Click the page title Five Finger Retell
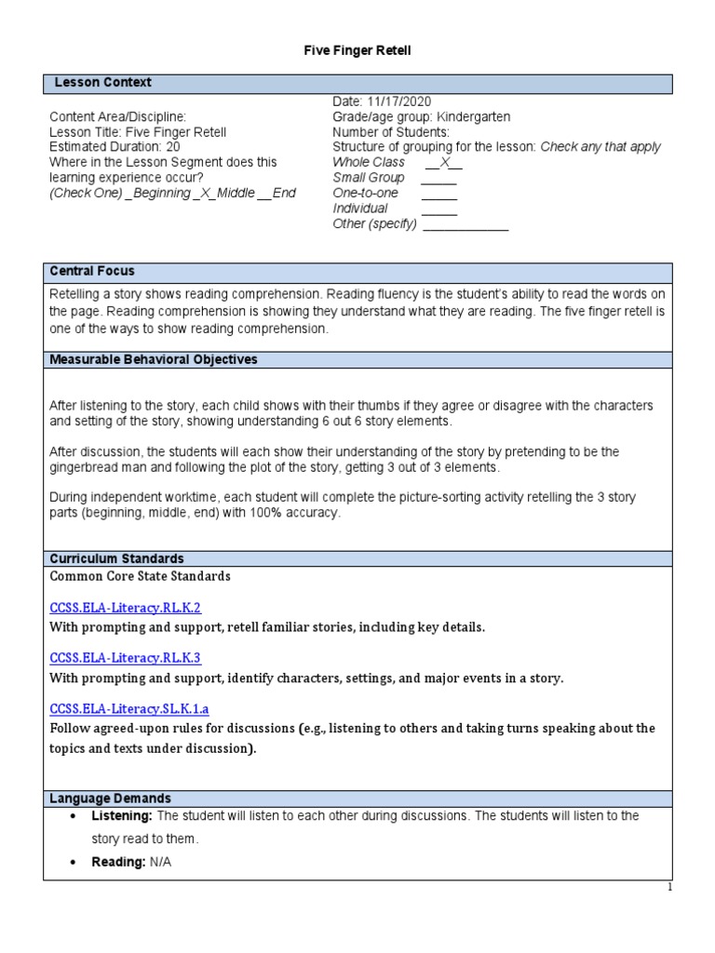[357, 51]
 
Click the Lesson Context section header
[102, 83]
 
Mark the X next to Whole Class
[444, 163]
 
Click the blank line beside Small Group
[439, 178]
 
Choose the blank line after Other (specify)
[465, 225]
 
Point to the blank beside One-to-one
[439, 194]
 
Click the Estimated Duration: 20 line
[115, 147]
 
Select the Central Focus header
[93, 272]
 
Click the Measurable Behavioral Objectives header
[154, 359]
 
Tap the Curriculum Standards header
[116, 558]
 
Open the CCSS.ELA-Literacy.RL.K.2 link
[125, 607]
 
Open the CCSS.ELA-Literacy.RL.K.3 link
[125, 658]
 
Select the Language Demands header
[110, 799]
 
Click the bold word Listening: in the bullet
[122, 816]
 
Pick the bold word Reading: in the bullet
[118, 863]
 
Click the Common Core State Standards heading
[140, 577]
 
